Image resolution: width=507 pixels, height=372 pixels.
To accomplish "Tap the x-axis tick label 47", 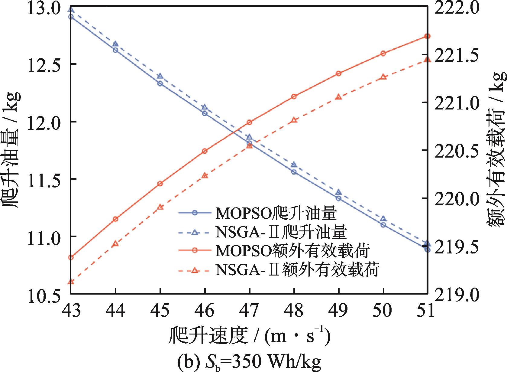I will pos(249,310).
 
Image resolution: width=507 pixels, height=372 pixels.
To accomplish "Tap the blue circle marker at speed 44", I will pos(115,50).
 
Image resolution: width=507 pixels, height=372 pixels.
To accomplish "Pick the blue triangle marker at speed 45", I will pos(160,76).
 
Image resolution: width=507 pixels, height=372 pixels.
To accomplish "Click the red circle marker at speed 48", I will pos(294,96).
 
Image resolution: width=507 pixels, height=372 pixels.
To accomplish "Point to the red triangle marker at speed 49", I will pos(339,97).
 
